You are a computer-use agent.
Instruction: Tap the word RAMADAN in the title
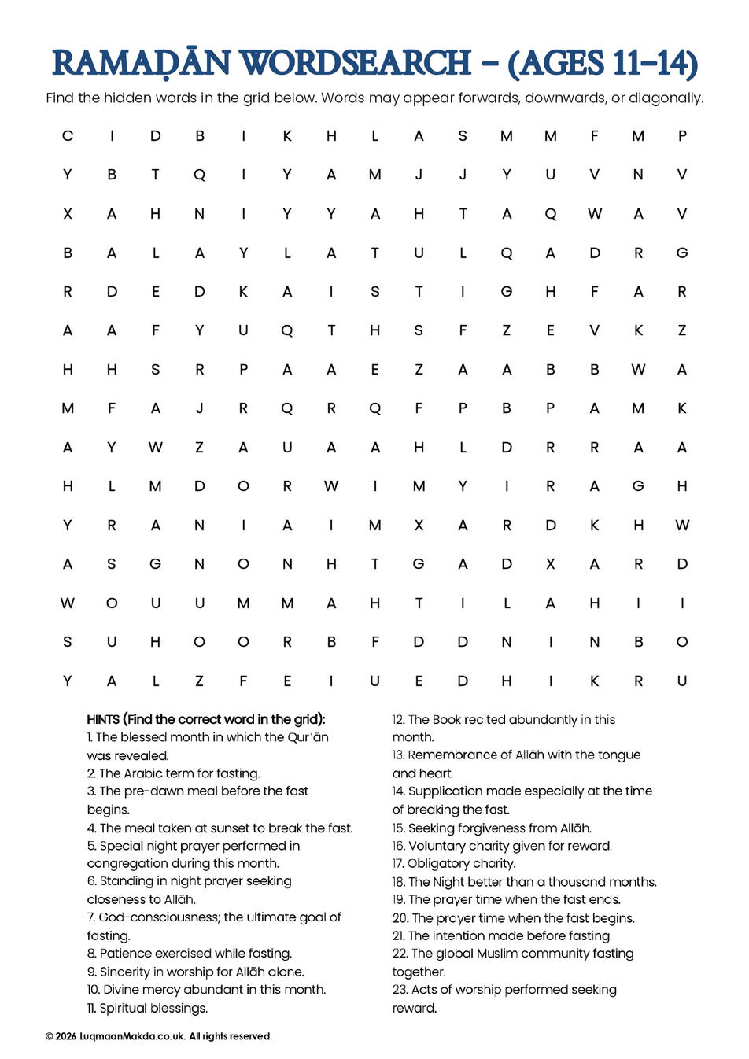pos(142,64)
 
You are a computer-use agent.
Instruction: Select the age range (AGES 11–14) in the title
pos(603,64)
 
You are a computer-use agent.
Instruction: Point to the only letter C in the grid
pos(68,136)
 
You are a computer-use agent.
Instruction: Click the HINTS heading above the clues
pos(103,719)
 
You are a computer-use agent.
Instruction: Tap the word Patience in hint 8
pos(126,953)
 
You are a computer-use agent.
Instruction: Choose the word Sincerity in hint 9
pos(127,972)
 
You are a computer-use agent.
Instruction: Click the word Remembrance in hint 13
pos(458,755)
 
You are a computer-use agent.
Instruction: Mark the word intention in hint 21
pos(465,935)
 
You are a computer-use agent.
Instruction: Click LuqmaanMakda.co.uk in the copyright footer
pos(132,1036)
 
